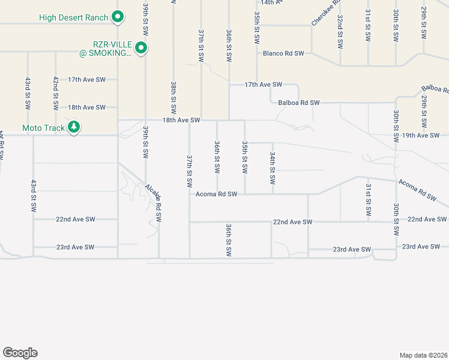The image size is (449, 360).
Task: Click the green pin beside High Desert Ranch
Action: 118,17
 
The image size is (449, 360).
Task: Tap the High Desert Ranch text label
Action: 74,17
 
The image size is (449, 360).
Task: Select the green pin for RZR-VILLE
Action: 141,48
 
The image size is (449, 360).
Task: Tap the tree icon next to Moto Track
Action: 74,127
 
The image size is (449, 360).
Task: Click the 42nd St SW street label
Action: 55,92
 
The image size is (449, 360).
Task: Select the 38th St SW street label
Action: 173,98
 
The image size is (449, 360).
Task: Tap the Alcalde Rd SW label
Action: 154,203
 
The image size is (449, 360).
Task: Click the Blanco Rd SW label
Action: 283,53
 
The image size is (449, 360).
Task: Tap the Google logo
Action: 20,353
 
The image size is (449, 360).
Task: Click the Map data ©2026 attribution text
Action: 424,355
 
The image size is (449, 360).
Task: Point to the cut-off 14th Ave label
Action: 271,2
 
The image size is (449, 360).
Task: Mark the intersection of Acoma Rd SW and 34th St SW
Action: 273,194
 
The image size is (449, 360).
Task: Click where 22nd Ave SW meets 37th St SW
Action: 190,221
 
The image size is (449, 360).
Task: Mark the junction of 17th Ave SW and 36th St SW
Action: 229,85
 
